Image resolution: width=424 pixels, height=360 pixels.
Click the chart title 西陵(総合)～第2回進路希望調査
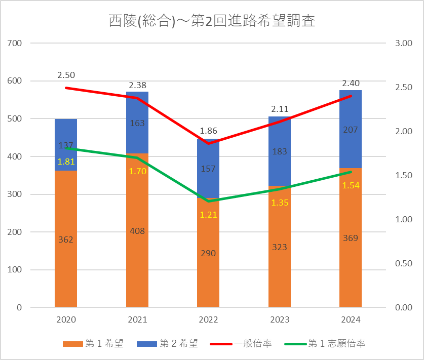tap(212, 21)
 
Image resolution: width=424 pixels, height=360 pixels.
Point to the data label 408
tap(137, 231)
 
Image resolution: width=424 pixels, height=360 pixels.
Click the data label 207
tap(351, 130)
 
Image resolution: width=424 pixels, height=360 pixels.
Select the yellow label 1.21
tap(208, 214)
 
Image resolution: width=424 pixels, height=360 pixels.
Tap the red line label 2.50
tap(66, 75)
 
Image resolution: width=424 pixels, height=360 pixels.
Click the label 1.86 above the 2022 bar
tap(208, 131)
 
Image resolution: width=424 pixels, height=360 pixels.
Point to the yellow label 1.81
tap(66, 162)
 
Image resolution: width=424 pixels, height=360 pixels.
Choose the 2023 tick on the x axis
tap(280, 319)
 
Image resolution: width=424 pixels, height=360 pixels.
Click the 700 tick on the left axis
tap(16, 44)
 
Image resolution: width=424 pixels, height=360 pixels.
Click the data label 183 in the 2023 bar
tap(280, 151)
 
